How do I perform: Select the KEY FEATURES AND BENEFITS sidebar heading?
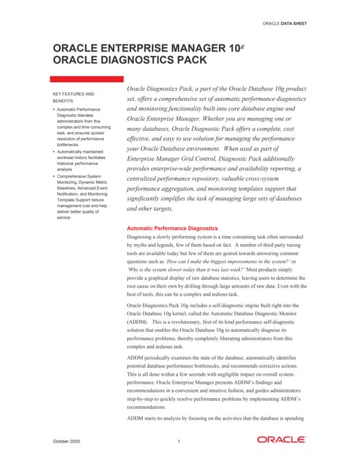73,98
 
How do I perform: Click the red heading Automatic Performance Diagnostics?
172,228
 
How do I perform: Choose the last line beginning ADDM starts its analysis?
210,419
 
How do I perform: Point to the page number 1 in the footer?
179,442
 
